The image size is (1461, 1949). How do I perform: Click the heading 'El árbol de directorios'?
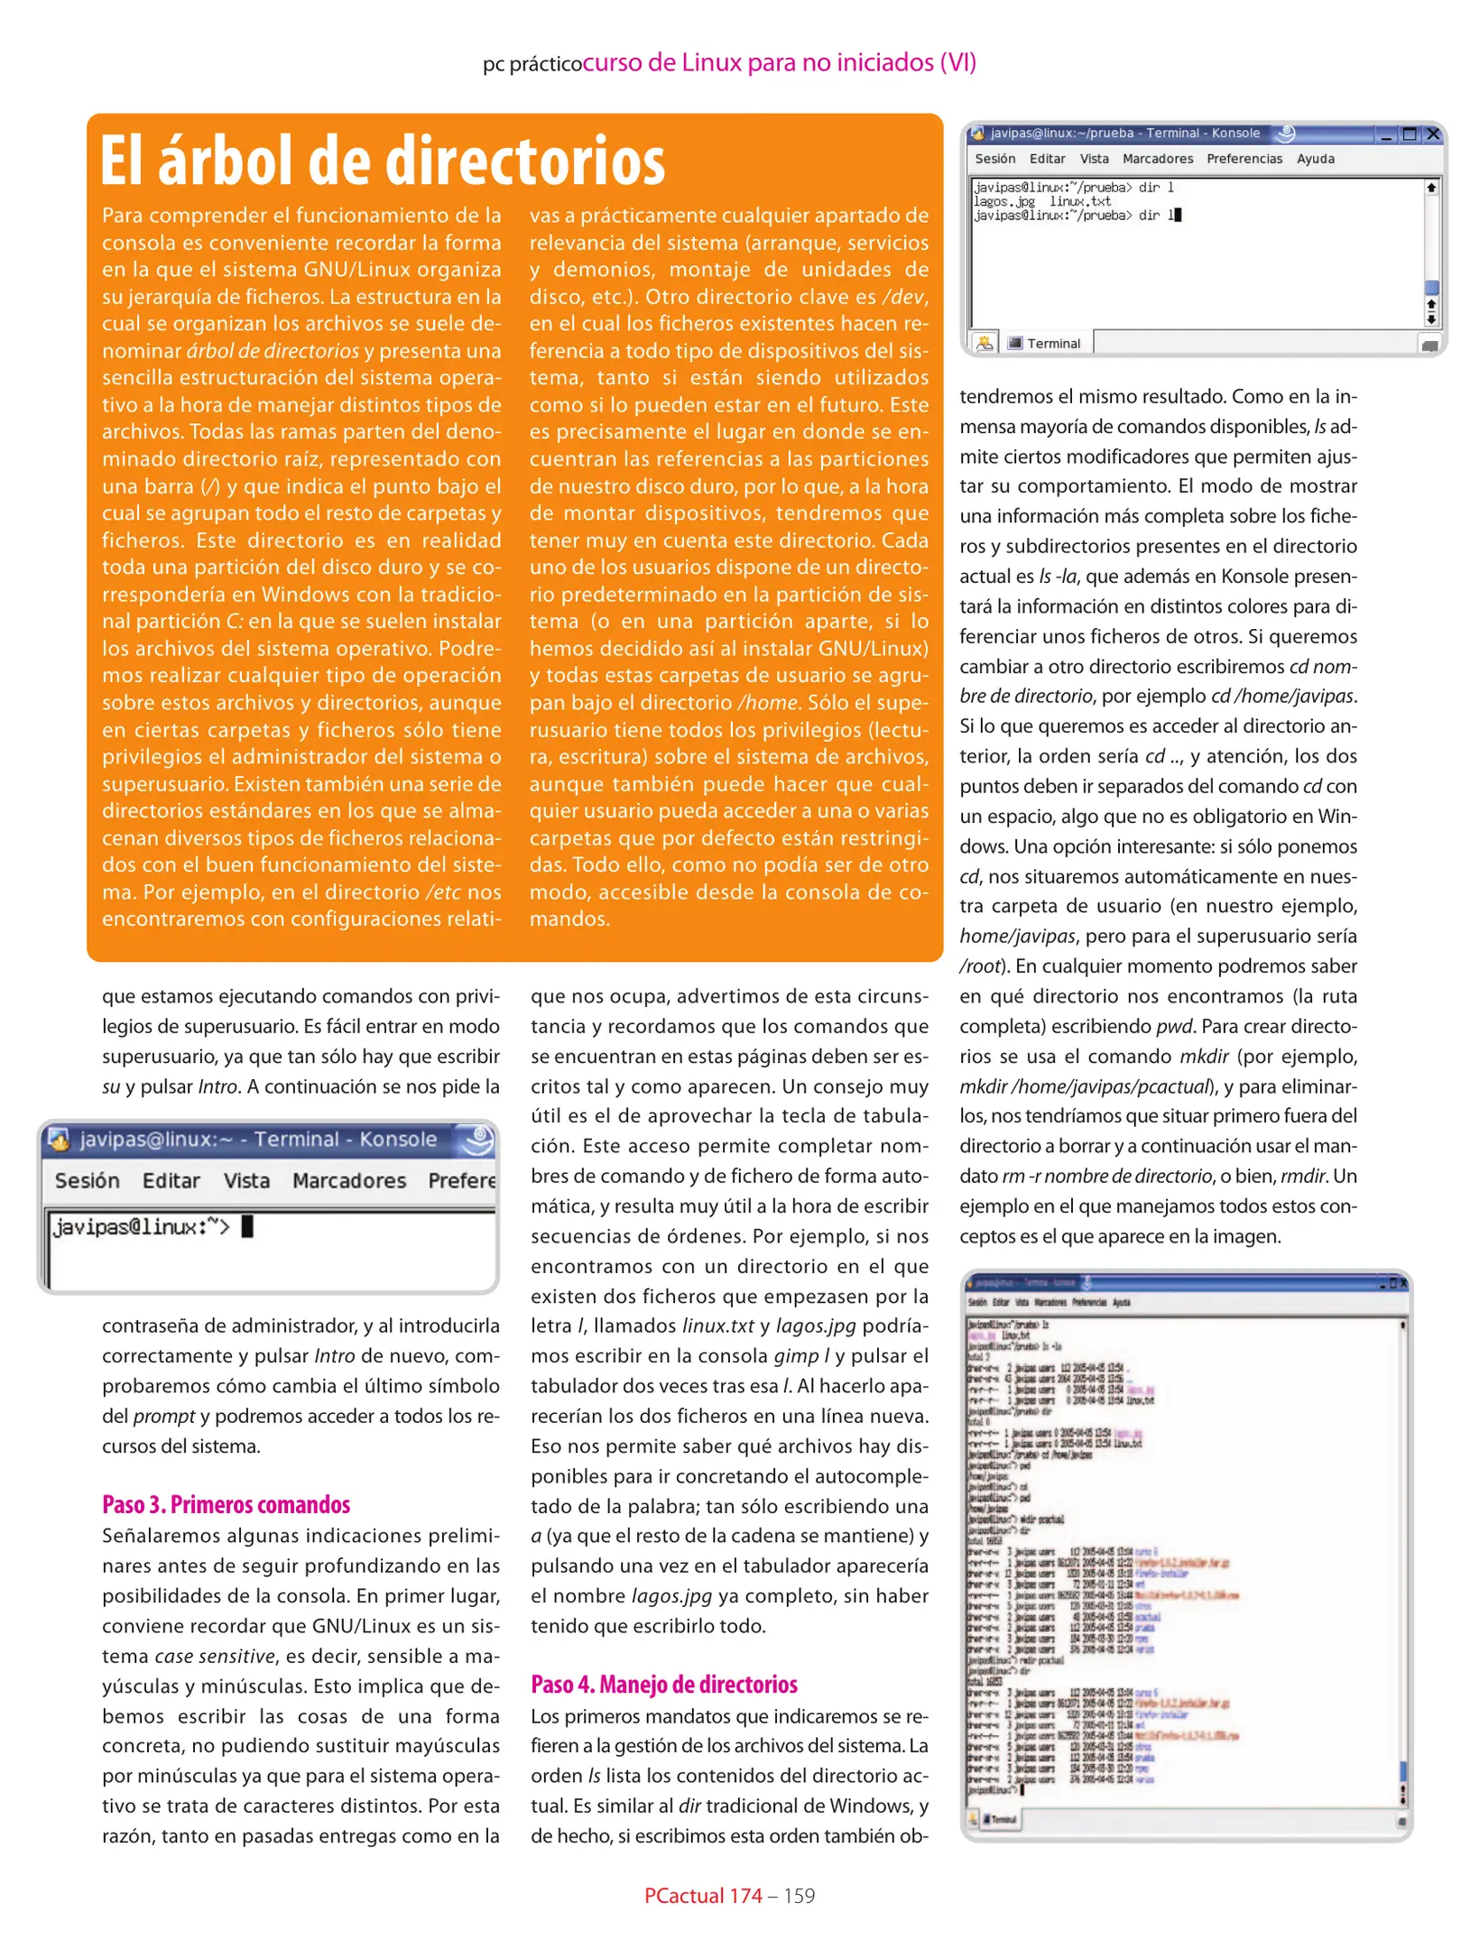(383, 162)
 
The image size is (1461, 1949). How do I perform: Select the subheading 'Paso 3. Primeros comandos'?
(226, 1504)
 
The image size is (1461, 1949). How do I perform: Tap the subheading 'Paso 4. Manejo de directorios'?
(663, 1684)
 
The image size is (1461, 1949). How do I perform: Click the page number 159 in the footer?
(799, 1895)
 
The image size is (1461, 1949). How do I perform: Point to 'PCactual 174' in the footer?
(703, 1895)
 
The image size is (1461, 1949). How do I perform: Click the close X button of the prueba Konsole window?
(1432, 134)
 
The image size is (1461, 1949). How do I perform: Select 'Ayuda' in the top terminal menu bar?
(1315, 159)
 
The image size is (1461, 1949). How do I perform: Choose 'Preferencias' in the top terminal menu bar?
(1244, 159)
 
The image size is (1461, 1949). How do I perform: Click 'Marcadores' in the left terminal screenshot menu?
(349, 1180)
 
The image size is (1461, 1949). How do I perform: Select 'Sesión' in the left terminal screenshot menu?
(87, 1180)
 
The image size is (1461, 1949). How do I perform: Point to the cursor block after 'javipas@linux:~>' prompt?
(247, 1226)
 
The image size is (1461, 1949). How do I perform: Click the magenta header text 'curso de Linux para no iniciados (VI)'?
(779, 62)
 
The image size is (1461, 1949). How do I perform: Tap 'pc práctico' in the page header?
(532, 64)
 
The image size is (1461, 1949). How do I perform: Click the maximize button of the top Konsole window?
(1410, 134)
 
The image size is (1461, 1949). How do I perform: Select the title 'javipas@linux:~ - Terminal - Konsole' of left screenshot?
(257, 1140)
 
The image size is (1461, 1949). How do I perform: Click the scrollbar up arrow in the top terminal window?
(1430, 188)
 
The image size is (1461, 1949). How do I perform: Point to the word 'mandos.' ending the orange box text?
(569, 919)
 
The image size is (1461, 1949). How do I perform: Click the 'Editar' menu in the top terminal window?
(1047, 159)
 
